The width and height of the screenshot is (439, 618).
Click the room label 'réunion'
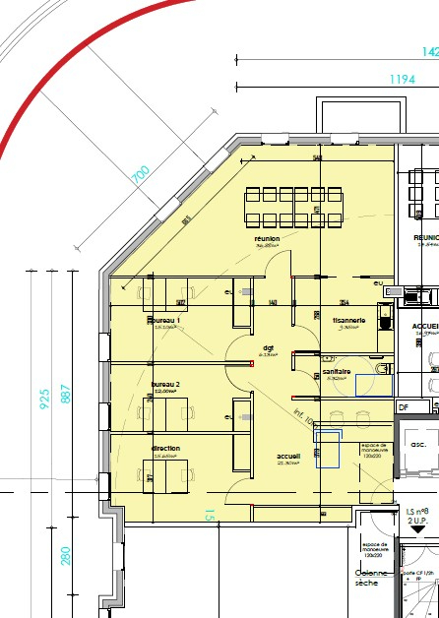pos(268,238)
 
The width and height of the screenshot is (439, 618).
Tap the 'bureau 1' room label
pos(164,321)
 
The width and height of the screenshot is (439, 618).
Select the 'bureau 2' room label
pos(164,384)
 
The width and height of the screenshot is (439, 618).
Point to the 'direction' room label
pos(165,449)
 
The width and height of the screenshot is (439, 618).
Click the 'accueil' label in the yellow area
pos(288,457)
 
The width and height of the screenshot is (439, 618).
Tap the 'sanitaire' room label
pos(338,371)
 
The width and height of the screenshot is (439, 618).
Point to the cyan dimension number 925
pos(44,399)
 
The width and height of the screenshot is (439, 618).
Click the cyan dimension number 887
pos(66,392)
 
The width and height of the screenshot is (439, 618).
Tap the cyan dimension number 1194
pos(402,80)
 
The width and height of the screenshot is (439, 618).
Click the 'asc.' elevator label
pos(417,444)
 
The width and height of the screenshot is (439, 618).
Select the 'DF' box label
pos(403,406)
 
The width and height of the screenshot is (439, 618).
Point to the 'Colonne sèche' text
pos(377,581)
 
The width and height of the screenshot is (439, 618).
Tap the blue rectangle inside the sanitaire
pos(373,386)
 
